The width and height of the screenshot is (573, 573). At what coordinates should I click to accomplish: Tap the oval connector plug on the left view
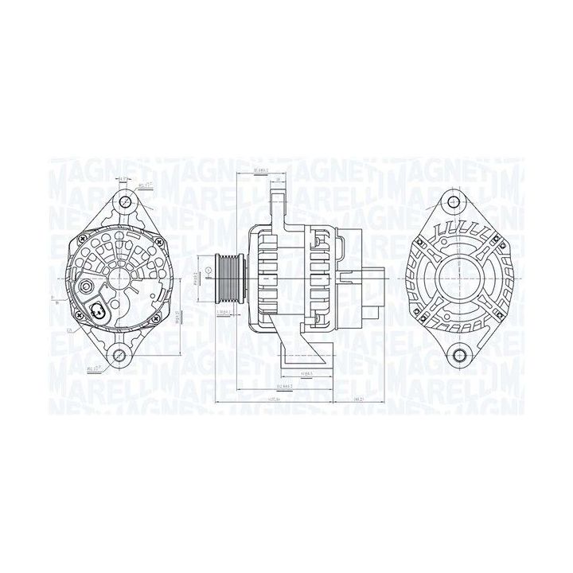click(x=98, y=311)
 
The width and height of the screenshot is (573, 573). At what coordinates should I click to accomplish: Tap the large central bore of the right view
click(x=452, y=279)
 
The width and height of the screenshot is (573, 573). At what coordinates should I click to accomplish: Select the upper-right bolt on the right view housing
click(x=489, y=236)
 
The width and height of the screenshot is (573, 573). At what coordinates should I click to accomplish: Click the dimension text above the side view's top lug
click(x=259, y=171)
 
